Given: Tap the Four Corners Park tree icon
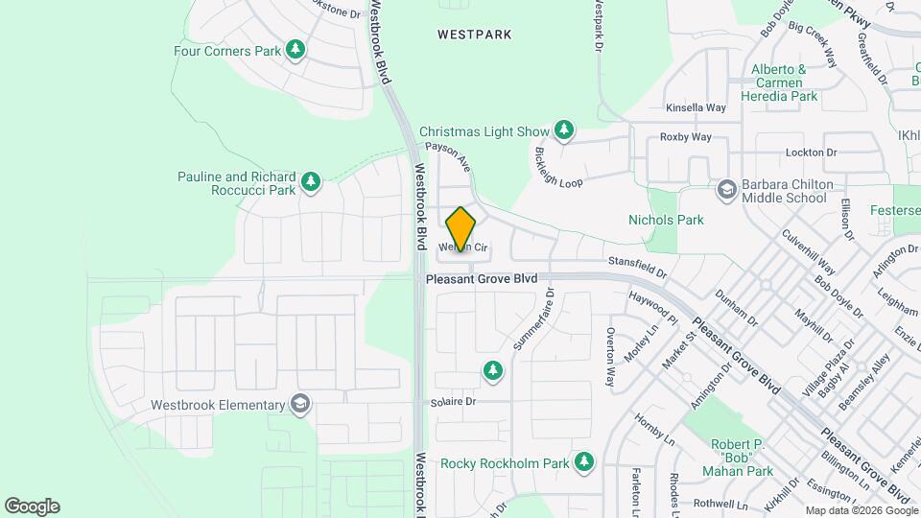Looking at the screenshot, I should tap(296, 50).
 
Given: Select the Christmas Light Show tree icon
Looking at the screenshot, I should tap(564, 130).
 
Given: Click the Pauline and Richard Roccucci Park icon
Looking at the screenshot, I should tap(310, 181).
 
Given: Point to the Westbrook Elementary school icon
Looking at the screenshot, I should tap(301, 404).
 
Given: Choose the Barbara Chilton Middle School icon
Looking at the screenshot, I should tap(726, 188).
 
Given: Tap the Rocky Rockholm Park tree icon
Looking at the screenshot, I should tap(583, 463).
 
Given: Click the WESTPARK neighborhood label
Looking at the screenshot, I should tap(474, 35).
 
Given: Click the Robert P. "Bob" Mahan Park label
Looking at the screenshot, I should tap(742, 458).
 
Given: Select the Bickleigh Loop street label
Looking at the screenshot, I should tap(558, 168).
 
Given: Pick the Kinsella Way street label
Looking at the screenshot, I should tap(696, 108).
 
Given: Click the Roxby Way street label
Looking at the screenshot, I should tap(686, 137).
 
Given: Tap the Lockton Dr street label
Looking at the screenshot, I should tap(812, 153).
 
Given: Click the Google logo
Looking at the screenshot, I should tap(32, 506).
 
